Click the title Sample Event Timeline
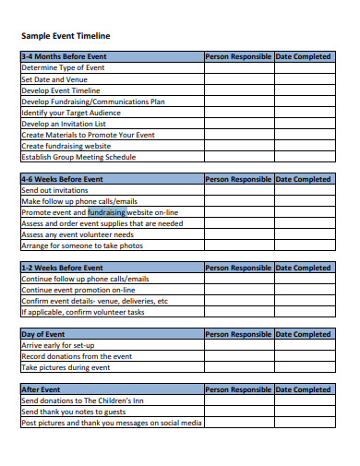click(65, 35)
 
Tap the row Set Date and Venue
click(56, 79)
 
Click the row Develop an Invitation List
click(64, 124)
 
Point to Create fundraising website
click(66, 146)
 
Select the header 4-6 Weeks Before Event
click(62, 179)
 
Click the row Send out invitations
click(57, 190)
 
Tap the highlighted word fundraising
click(106, 212)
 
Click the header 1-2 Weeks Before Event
click(62, 268)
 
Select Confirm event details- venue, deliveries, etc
click(94, 301)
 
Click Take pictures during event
click(66, 367)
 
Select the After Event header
click(42, 389)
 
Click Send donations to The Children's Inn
click(81, 401)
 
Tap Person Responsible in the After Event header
click(238, 389)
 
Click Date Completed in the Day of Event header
click(303, 334)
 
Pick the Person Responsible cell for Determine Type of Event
click(238, 67)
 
